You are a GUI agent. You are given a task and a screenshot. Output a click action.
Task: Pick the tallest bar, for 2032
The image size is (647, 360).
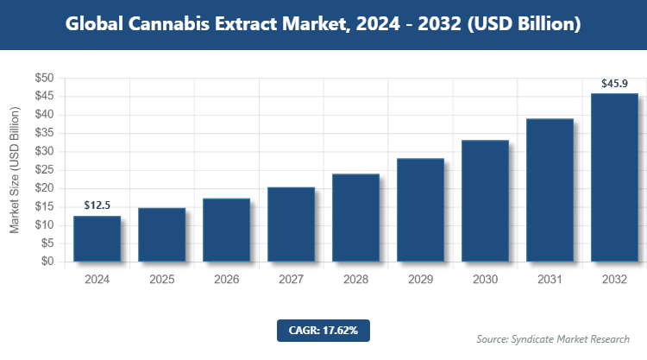pos(614,177)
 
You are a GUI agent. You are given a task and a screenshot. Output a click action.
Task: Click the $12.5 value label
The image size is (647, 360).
pos(97,205)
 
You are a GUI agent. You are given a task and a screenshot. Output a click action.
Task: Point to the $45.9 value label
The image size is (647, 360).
pos(615,84)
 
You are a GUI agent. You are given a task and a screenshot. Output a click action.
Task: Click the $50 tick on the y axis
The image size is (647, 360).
pos(44,78)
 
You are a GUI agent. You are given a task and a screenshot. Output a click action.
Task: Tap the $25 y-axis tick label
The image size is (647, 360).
pos(44,170)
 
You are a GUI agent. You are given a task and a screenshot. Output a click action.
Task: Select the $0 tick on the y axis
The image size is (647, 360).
pos(47,262)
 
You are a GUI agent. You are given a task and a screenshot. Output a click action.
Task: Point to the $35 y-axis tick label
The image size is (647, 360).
pos(44,133)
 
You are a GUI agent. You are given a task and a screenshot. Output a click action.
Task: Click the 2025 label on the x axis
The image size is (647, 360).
pos(161,280)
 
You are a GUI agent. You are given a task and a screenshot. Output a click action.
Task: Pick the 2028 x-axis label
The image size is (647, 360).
pos(355,280)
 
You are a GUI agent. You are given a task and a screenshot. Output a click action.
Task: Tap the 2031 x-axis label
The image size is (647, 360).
pos(550,280)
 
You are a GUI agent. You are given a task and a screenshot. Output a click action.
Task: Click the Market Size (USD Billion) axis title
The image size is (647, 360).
pos(15,170)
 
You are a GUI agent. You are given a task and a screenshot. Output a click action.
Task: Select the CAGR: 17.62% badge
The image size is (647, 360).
pos(323,331)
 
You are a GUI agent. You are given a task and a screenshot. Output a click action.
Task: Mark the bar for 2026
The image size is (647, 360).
pos(226,230)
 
